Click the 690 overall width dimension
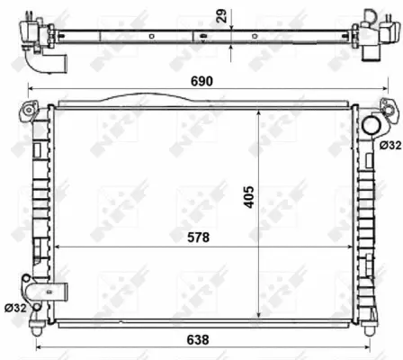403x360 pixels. click(x=201, y=81)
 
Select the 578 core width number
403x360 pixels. click(x=198, y=238)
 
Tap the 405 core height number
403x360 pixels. click(x=249, y=197)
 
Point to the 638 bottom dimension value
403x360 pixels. click(x=198, y=340)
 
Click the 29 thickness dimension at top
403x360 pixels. click(x=222, y=16)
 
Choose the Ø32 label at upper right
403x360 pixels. click(x=390, y=146)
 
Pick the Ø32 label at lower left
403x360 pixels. click(x=15, y=308)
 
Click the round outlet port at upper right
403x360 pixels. click(x=372, y=125)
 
